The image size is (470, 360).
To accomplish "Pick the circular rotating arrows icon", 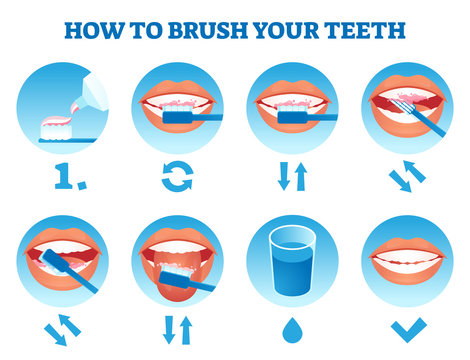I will [178, 178].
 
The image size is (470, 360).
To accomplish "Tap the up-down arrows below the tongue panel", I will [178, 327].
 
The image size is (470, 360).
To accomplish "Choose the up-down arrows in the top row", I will [293, 178].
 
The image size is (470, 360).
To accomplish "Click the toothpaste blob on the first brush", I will [60, 123].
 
